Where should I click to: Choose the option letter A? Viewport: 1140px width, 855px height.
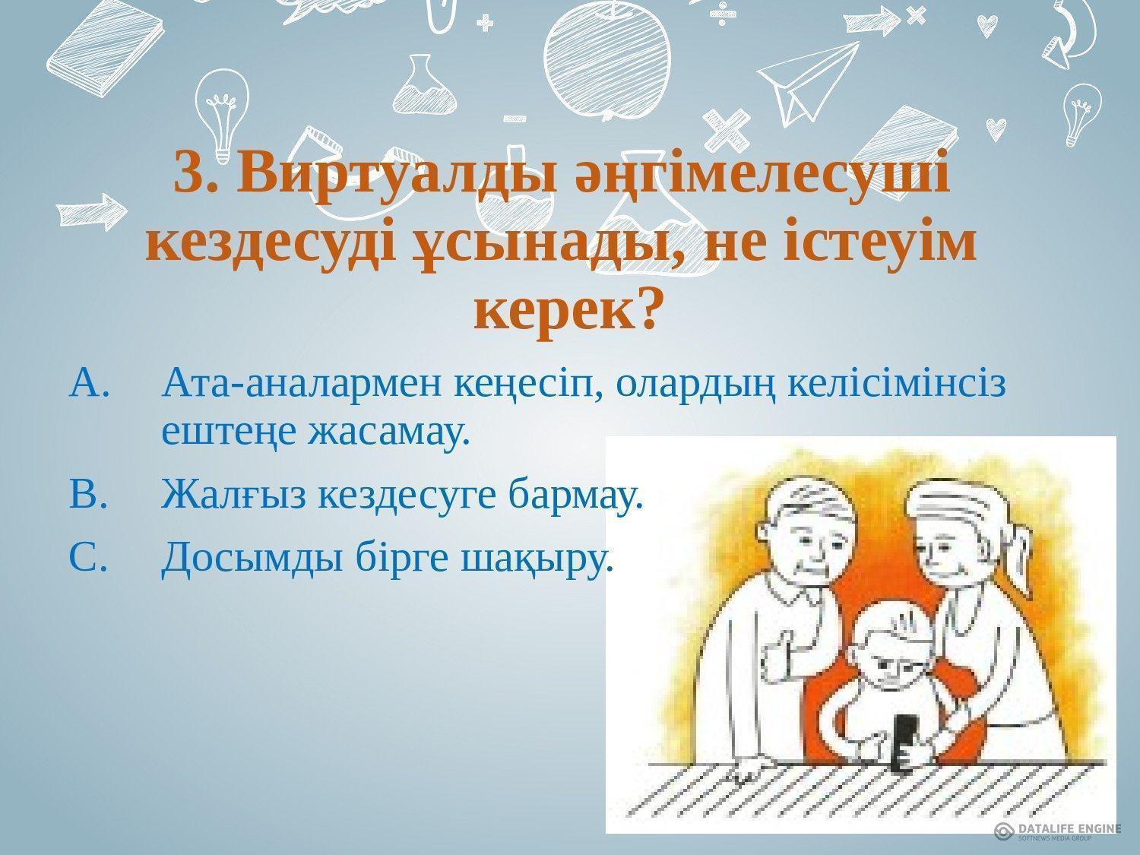click(89, 382)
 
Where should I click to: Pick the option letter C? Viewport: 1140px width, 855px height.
click(87, 556)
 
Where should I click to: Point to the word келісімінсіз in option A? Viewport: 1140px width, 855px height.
click(897, 382)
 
